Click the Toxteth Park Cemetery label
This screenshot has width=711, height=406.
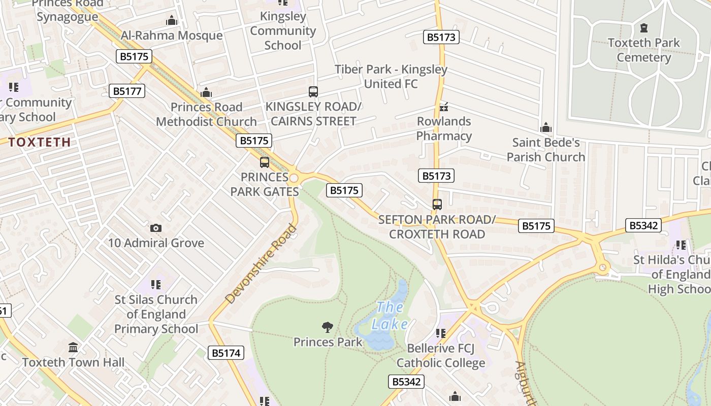[643, 50]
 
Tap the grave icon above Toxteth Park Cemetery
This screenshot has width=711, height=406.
[644, 27]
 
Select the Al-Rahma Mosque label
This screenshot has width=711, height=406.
[172, 36]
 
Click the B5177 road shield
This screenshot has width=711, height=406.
[127, 91]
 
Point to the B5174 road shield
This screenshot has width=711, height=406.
[226, 353]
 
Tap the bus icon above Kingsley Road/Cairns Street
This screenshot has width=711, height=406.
[313, 92]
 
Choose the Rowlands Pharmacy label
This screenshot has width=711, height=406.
[444, 128]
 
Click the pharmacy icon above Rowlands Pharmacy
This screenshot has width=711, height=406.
[444, 107]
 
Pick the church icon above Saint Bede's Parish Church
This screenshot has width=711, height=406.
[546, 127]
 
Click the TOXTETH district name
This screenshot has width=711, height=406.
[39, 142]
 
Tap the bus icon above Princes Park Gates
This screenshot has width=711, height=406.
[264, 162]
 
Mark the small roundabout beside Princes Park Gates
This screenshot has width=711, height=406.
[294, 178]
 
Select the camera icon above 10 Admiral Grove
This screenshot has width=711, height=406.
[156, 228]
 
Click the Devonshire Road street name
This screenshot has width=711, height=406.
[260, 264]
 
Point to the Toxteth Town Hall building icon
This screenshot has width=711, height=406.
[73, 348]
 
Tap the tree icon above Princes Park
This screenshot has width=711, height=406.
[328, 327]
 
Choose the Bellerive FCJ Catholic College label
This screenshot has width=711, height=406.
[441, 356]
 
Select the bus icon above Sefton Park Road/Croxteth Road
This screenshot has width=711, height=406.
[437, 205]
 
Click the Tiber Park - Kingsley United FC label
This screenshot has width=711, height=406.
[391, 77]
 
